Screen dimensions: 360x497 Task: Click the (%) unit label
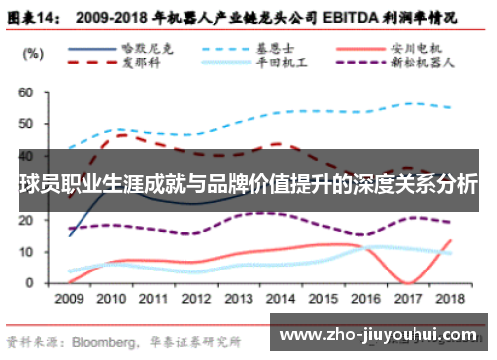pyautogui.click(x=32, y=52)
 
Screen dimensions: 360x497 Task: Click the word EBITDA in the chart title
pyautogui.click(x=347, y=17)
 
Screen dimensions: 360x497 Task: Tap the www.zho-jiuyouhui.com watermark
pyautogui.click(x=382, y=334)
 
